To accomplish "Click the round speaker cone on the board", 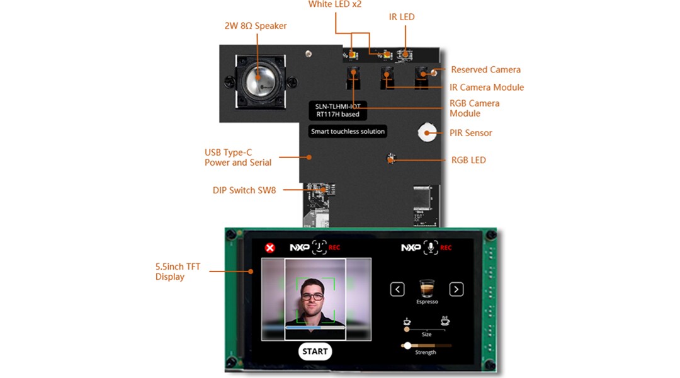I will (261, 79).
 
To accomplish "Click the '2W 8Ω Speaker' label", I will (256, 26).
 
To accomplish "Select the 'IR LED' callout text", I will (402, 17).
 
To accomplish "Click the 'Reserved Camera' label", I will (485, 69).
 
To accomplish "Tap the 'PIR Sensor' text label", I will (471, 133).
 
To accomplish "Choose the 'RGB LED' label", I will (468, 160).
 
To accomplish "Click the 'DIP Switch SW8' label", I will (244, 190).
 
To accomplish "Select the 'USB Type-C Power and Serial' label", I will (237, 157).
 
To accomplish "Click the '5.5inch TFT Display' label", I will (178, 272).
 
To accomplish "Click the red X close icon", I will (270, 248).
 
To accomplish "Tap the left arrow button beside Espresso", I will (397, 289).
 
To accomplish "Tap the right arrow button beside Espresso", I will (456, 289).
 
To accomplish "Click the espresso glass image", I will (428, 288).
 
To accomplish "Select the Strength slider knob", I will (407, 345).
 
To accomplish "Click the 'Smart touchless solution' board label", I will (348, 132).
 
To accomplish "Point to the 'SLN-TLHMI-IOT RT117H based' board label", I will (337, 110).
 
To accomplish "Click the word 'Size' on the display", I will (426, 335).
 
